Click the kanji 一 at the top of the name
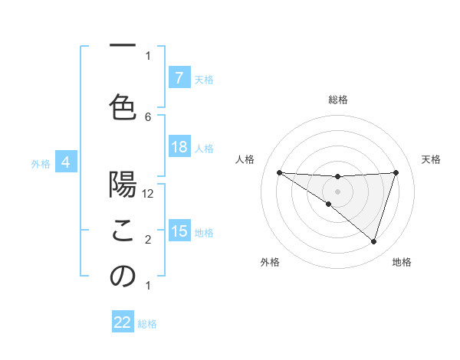(123, 47)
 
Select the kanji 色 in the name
(123, 106)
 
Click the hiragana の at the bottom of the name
(123, 277)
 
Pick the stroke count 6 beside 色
(148, 116)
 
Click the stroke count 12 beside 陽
(149, 193)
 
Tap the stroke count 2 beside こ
(148, 240)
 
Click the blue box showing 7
(179, 77)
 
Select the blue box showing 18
(179, 147)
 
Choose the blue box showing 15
(179, 231)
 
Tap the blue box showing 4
(66, 162)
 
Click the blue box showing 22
(123, 322)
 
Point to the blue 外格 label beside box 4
(41, 163)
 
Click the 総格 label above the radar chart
(337, 100)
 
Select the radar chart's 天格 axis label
(431, 159)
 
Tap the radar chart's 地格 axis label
(402, 262)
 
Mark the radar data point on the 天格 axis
(396, 172)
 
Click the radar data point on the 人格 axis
(279, 172)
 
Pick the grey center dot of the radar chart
(337, 191)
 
